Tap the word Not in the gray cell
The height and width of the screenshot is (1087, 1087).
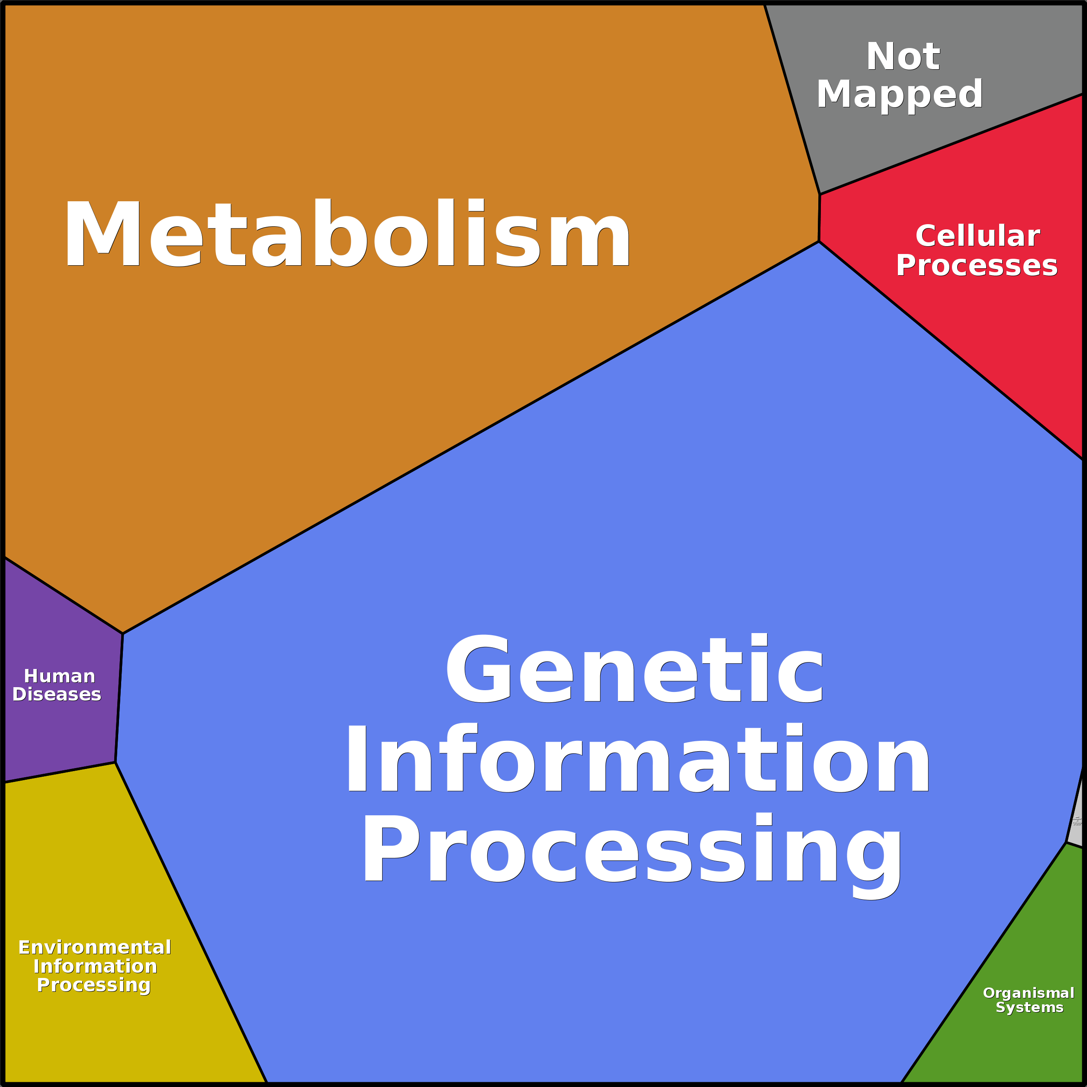pyautogui.click(x=903, y=57)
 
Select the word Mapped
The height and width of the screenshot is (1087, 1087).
pyautogui.click(x=899, y=94)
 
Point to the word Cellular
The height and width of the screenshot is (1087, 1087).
pyautogui.click(x=977, y=236)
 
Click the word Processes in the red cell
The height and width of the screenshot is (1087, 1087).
pyautogui.click(x=976, y=266)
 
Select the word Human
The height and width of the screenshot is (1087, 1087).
pyautogui.click(x=60, y=676)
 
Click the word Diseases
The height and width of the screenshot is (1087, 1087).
pyautogui.click(x=57, y=694)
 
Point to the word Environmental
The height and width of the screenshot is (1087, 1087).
pyautogui.click(x=94, y=948)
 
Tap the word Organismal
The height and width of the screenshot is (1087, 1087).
pyautogui.click(x=1029, y=993)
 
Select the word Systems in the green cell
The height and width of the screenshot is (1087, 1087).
pyautogui.click(x=1029, y=1007)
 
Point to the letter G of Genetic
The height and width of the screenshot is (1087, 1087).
pyautogui.click(x=478, y=669)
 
